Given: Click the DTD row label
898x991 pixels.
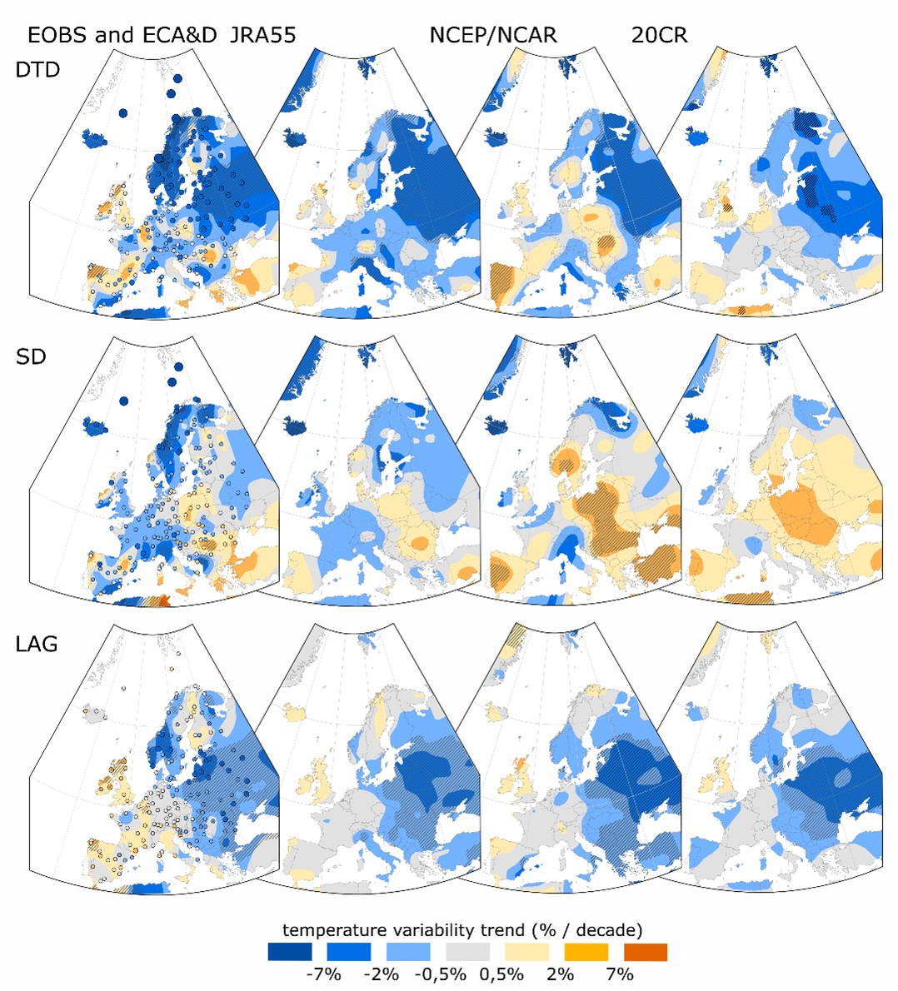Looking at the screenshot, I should click(x=37, y=70).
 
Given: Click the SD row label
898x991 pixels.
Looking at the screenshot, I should click(x=31, y=356).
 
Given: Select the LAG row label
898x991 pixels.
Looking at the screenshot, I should click(x=37, y=643).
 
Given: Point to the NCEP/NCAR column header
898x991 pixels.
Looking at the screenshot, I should click(x=493, y=35).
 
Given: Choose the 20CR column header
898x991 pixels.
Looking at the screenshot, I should click(x=660, y=35).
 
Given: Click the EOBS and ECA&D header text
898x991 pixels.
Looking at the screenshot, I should click(x=122, y=35).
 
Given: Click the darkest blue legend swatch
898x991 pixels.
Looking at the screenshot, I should click(x=290, y=952).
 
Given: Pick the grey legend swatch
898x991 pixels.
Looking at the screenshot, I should click(x=467, y=952).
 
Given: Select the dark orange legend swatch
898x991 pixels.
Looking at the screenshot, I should click(x=645, y=952).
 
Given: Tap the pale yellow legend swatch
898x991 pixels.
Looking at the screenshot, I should click(x=526, y=952).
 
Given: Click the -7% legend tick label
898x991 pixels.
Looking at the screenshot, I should click(x=322, y=974).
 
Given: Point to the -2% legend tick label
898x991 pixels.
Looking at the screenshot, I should click(x=382, y=974).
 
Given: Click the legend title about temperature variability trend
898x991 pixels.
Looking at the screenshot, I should click(x=462, y=929).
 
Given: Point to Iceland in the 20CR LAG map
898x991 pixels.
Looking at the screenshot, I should click(x=698, y=712).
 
